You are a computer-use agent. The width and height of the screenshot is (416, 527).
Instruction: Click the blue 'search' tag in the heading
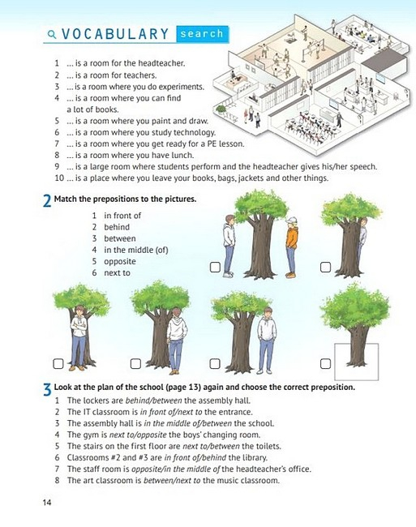(202, 34)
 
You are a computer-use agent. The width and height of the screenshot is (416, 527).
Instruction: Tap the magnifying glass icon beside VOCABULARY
(52, 34)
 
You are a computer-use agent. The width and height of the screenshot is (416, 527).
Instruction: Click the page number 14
(47, 502)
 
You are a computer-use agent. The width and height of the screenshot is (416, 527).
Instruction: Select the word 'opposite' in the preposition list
(120, 262)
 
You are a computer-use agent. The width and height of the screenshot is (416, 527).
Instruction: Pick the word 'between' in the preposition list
(120, 238)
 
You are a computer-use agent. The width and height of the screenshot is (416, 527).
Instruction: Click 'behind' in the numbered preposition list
(117, 227)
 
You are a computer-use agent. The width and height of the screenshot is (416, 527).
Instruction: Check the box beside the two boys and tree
(215, 268)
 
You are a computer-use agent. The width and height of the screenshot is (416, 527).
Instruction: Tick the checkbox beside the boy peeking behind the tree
(325, 268)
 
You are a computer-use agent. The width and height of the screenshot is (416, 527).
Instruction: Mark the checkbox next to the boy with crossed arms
(58, 364)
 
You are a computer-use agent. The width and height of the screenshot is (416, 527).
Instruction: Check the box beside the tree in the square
(325, 364)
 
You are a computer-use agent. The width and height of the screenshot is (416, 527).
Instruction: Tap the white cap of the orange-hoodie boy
(291, 221)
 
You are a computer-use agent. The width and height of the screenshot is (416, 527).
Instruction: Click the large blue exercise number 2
(47, 201)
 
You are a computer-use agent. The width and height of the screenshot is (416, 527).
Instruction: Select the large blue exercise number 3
(47, 389)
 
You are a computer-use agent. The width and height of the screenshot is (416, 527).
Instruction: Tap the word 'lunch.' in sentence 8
(182, 156)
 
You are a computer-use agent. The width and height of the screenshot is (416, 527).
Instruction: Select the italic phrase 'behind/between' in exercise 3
(153, 401)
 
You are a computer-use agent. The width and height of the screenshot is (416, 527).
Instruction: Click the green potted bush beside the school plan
(221, 109)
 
